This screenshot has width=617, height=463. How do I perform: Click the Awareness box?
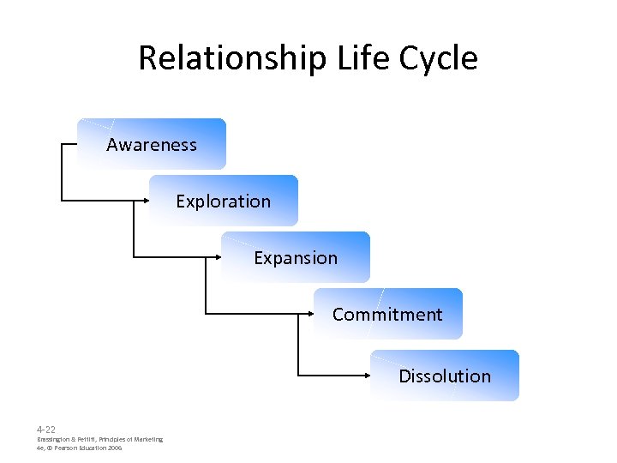pos(152,144)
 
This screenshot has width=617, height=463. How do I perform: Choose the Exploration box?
pos(224,201)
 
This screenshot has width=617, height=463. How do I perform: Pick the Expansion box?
pos(296,257)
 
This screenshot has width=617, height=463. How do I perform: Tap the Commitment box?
pos(387,314)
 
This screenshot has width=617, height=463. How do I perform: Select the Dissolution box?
pos(445,376)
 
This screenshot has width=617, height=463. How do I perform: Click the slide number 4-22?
pos(46,429)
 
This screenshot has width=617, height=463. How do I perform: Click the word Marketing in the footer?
pos(147,439)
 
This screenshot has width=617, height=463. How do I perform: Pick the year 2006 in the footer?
pos(115,448)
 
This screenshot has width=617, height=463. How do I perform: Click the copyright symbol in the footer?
pos(49,448)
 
